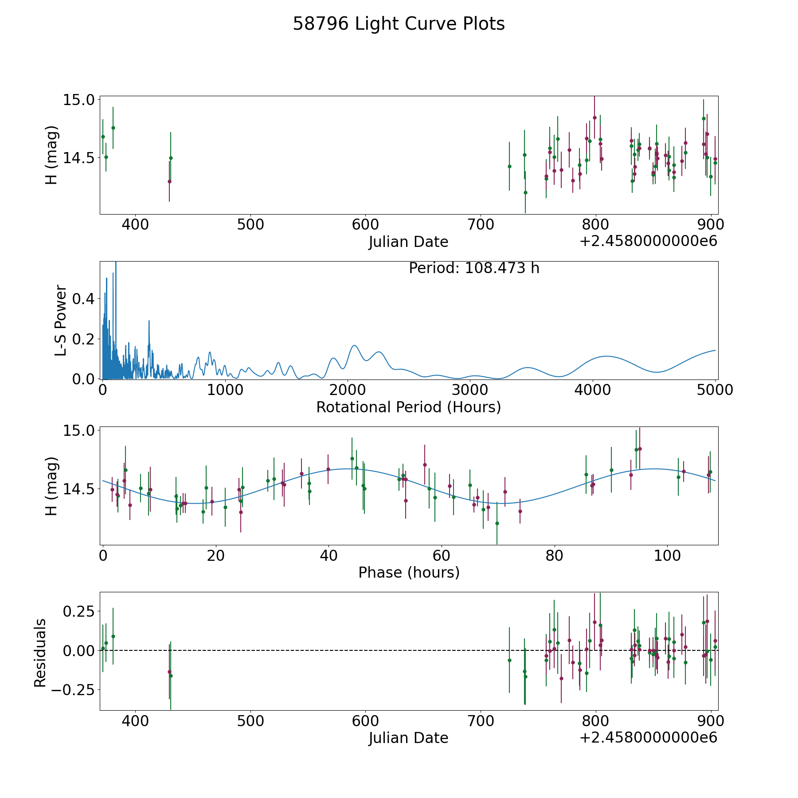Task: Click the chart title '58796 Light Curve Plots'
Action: [x=399, y=24]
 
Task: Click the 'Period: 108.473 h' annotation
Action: [x=474, y=268]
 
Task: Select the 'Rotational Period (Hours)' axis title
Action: [x=408, y=407]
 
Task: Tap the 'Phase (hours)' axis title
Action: [x=409, y=572]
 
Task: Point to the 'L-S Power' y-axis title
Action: [x=61, y=320]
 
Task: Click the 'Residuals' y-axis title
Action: [x=40, y=653]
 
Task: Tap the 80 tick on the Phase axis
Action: [x=554, y=555]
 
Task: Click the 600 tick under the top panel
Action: [x=365, y=225]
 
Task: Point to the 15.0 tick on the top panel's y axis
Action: [x=79, y=100]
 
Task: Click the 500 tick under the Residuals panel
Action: [x=250, y=721]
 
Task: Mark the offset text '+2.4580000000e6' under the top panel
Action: [x=648, y=241]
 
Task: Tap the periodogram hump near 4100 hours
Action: [x=606, y=356]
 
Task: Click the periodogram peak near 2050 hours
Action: [x=354, y=345]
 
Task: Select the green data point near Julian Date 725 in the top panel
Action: [x=509, y=166]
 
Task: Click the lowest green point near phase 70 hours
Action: [x=497, y=523]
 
